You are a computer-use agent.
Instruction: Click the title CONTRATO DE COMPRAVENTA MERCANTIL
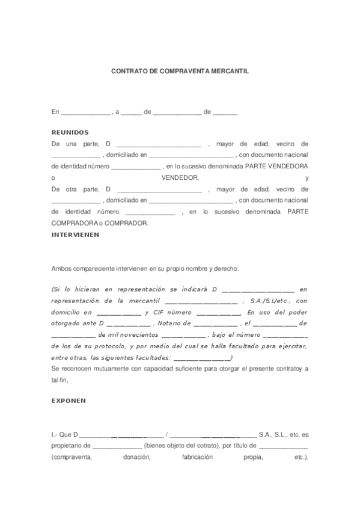[180, 70]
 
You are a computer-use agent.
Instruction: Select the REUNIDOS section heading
[70, 132]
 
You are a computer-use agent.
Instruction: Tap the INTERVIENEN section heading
[75, 235]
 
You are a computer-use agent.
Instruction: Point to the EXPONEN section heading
[69, 400]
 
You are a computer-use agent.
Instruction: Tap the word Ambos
[62, 269]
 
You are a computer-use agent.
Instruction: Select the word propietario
[70, 446]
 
